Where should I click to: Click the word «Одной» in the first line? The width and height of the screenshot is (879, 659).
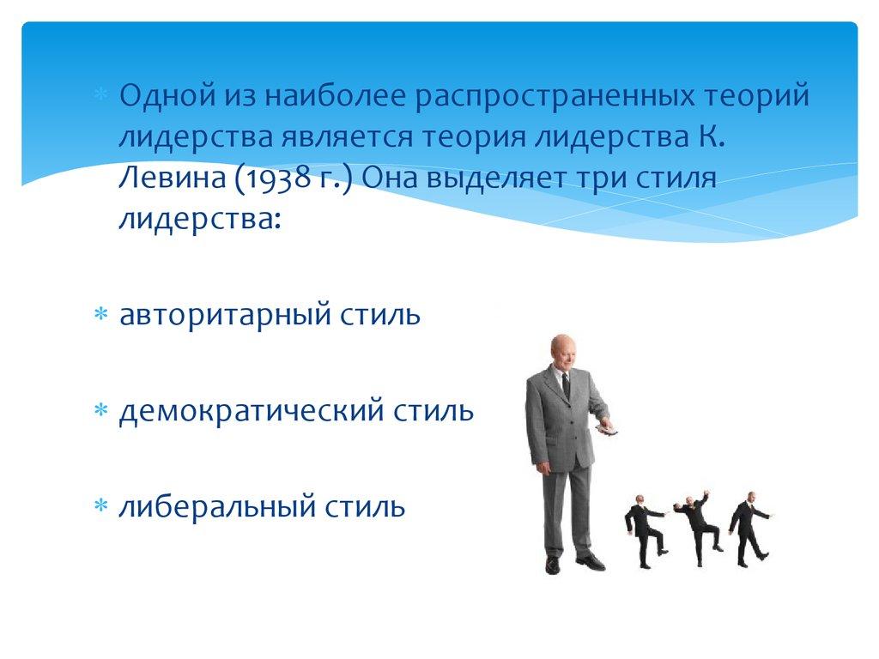click(167, 95)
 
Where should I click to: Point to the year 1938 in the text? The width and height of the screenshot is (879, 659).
click(276, 178)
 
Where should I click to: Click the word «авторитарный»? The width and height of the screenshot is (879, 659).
click(226, 316)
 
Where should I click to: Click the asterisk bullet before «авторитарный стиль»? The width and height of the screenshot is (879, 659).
click(101, 314)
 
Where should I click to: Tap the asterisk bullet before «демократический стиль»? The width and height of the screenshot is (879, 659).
click(101, 411)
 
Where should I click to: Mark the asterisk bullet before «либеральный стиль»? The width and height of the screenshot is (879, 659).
click(101, 506)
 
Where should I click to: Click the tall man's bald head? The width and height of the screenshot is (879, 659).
click(561, 348)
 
